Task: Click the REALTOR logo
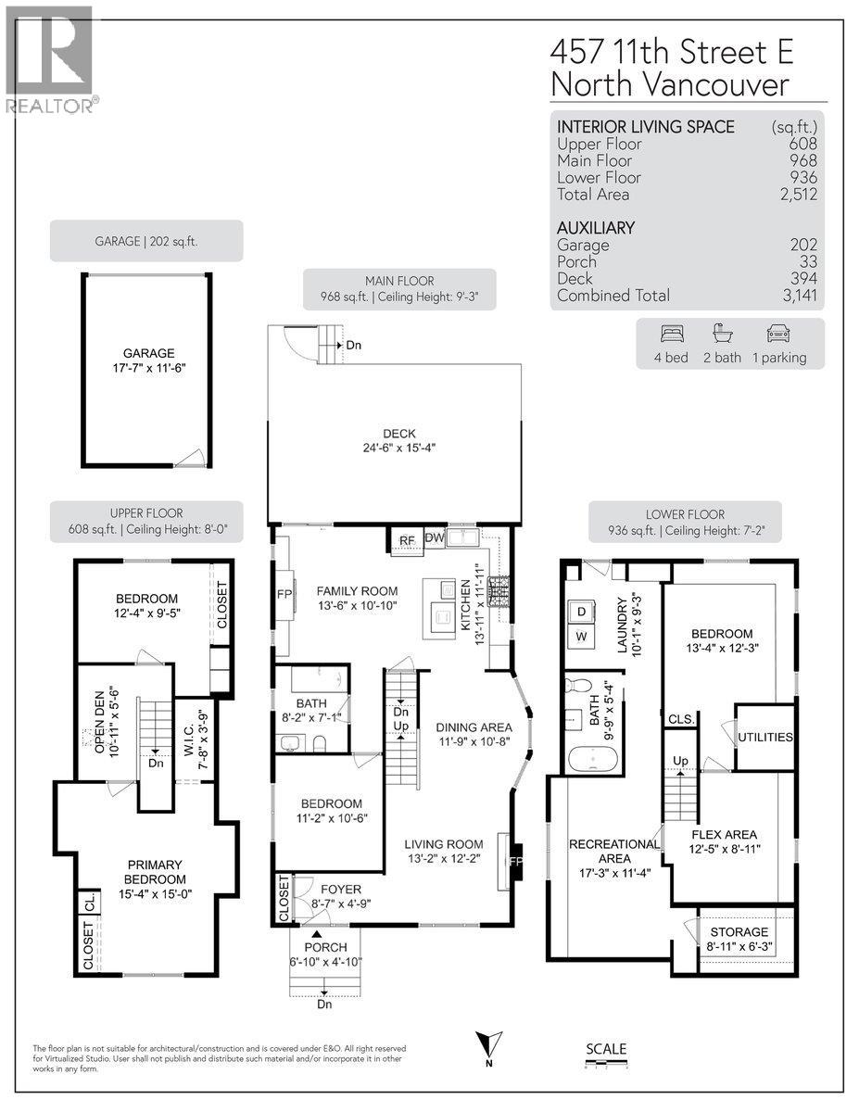48,60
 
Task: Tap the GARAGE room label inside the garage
149,353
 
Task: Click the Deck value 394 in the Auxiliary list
803,279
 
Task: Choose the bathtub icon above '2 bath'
723,335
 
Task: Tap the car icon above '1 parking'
779,335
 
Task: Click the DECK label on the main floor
399,434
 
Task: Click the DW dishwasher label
434,537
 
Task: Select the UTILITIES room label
765,738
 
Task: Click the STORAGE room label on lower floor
739,931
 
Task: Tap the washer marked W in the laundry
581,638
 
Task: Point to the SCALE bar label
606,1049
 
